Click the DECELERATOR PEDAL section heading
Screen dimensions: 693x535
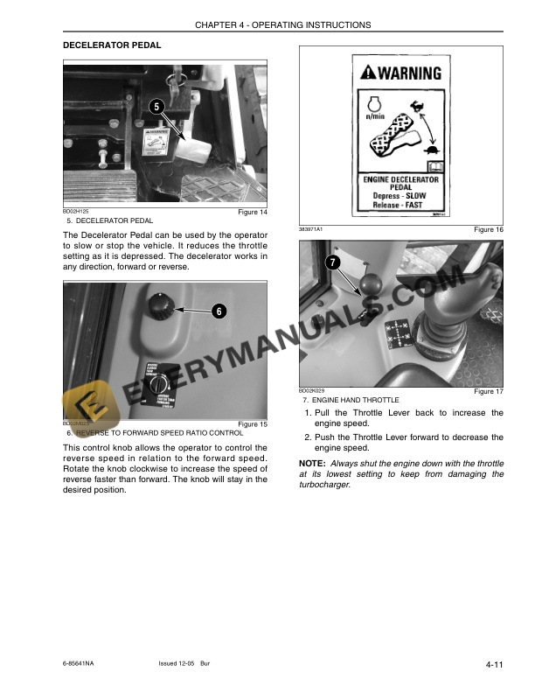[111, 44]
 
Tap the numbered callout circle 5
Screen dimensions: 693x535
[156, 107]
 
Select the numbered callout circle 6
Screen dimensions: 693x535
[219, 311]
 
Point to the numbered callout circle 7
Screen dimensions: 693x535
[332, 262]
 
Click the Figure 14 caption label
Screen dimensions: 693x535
[253, 213]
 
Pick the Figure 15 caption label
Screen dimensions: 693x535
[253, 424]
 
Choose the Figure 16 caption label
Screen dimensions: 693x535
[488, 228]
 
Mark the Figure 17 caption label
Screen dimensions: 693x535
[488, 391]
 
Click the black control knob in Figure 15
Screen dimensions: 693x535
[161, 306]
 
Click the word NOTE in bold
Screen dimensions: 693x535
[311, 462]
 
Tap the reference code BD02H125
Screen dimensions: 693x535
[76, 212]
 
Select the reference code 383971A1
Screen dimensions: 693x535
[311, 228]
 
